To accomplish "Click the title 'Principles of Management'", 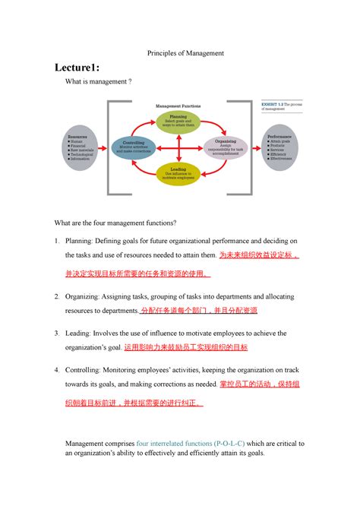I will point(179,52).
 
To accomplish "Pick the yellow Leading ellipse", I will point(178,172).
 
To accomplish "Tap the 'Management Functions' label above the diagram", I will point(178,106).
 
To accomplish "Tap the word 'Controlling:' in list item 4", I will point(88,370).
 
